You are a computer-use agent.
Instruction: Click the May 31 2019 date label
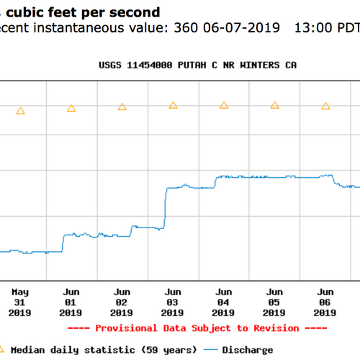tap(19, 302)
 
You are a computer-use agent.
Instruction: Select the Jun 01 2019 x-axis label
tap(71, 302)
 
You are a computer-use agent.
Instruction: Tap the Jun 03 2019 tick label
tap(172, 302)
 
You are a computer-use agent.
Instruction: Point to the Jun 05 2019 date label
tap(274, 302)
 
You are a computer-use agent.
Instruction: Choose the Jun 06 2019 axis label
tap(325, 302)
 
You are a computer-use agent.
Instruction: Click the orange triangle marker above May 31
tap(20, 111)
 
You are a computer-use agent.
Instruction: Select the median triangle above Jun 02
tap(122, 107)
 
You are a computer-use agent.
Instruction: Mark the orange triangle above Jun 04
tap(223, 105)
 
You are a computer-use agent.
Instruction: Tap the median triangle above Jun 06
tap(325, 106)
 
